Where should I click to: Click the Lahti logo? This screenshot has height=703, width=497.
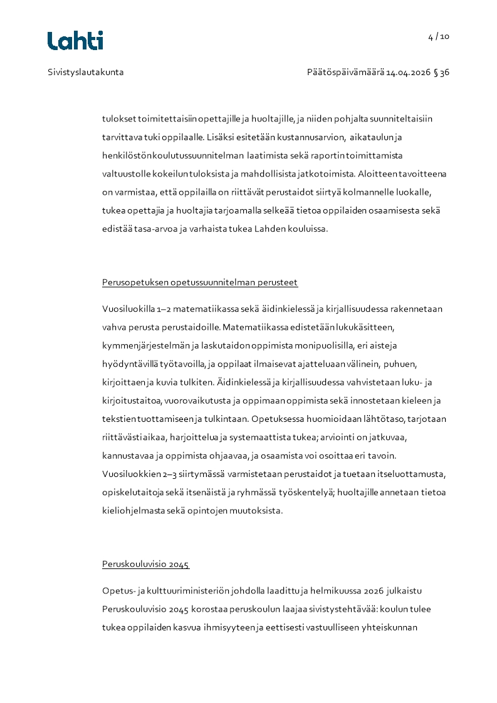pyautogui.click(x=75, y=41)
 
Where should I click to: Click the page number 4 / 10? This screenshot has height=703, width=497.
pyautogui.click(x=439, y=36)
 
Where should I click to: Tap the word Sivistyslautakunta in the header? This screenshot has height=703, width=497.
pyautogui.click(x=86, y=72)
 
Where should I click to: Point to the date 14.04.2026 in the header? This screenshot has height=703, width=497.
pyautogui.click(x=408, y=72)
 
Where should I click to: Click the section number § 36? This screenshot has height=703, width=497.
pyautogui.click(x=443, y=72)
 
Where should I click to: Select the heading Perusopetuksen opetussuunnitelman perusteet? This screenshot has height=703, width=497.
pyautogui.click(x=200, y=282)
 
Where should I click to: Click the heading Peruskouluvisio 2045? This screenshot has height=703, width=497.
pyautogui.click(x=145, y=564)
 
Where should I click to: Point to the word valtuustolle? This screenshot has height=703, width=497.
pyautogui.click(x=125, y=173)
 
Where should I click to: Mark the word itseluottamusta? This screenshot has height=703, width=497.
pyautogui.click(x=414, y=474)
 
